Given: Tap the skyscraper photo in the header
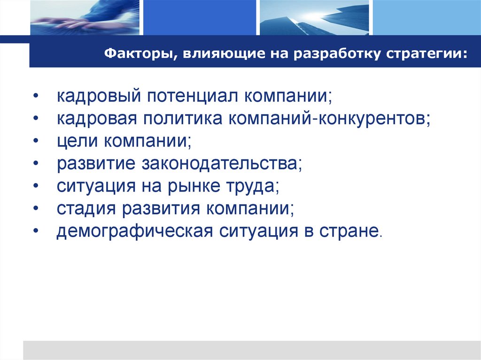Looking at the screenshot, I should [x=314, y=18].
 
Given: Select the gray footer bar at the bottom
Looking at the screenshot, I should [x=252, y=350].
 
